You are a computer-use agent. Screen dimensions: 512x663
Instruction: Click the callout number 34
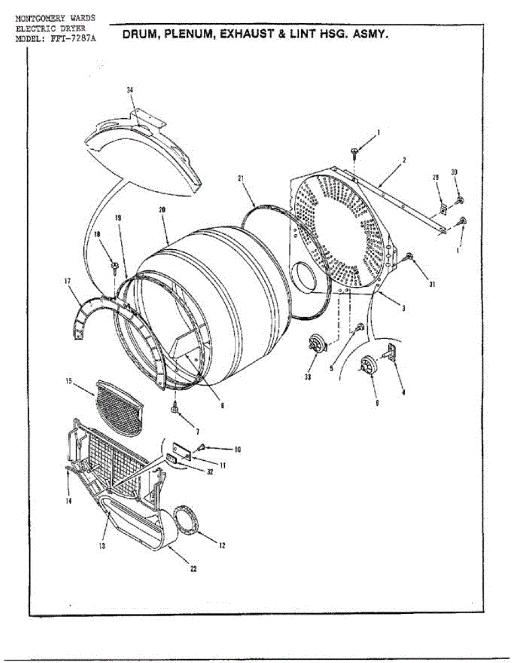pyautogui.click(x=130, y=90)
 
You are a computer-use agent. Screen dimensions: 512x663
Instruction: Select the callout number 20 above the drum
pyautogui.click(x=162, y=210)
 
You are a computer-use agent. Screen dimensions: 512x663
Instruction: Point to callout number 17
pyautogui.click(x=68, y=281)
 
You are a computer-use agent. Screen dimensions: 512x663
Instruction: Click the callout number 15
pyautogui.click(x=68, y=381)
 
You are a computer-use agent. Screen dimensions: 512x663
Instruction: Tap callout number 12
pyautogui.click(x=222, y=545)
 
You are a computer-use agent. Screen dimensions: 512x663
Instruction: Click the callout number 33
pyautogui.click(x=308, y=377)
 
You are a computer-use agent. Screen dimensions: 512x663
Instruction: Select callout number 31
pyautogui.click(x=432, y=285)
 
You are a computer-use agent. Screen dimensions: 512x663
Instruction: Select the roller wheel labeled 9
pyautogui.click(x=367, y=364)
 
